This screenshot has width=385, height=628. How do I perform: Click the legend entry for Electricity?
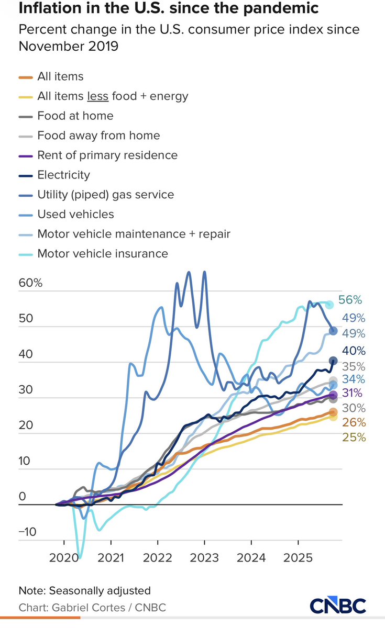63,175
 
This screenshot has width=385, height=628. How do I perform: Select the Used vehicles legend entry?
75,214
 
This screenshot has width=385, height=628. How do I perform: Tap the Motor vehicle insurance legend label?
103,253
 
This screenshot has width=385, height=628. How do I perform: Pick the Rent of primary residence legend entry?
107,155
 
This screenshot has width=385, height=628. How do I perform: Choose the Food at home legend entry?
75,116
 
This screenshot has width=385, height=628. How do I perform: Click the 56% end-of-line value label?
350,300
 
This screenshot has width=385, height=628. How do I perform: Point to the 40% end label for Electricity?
354,351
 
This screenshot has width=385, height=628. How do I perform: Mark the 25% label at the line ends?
354,438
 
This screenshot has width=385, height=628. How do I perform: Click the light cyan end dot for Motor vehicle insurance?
329,304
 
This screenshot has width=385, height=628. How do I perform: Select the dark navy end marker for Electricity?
333,360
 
